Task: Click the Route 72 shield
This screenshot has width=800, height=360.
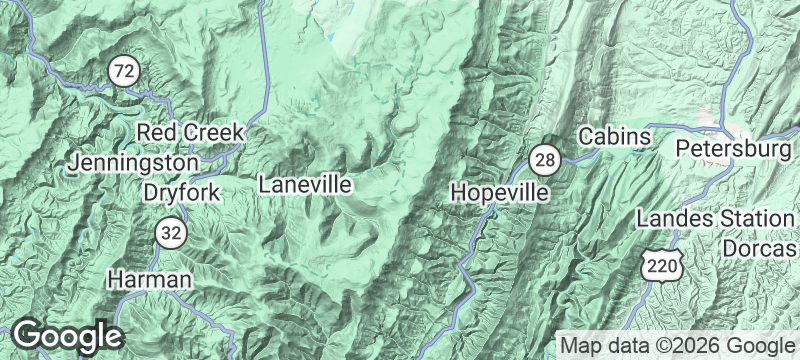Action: pyautogui.click(x=124, y=71)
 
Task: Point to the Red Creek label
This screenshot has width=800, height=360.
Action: pyautogui.click(x=190, y=132)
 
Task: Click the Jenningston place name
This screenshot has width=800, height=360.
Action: pyautogui.click(x=133, y=161)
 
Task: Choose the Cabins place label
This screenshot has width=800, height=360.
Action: pyautogui.click(x=615, y=135)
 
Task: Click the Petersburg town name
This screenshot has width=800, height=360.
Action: pyautogui.click(x=734, y=149)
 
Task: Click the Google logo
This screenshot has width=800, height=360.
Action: pyautogui.click(x=66, y=336)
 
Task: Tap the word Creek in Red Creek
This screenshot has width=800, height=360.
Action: pyautogui.click(x=216, y=132)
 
